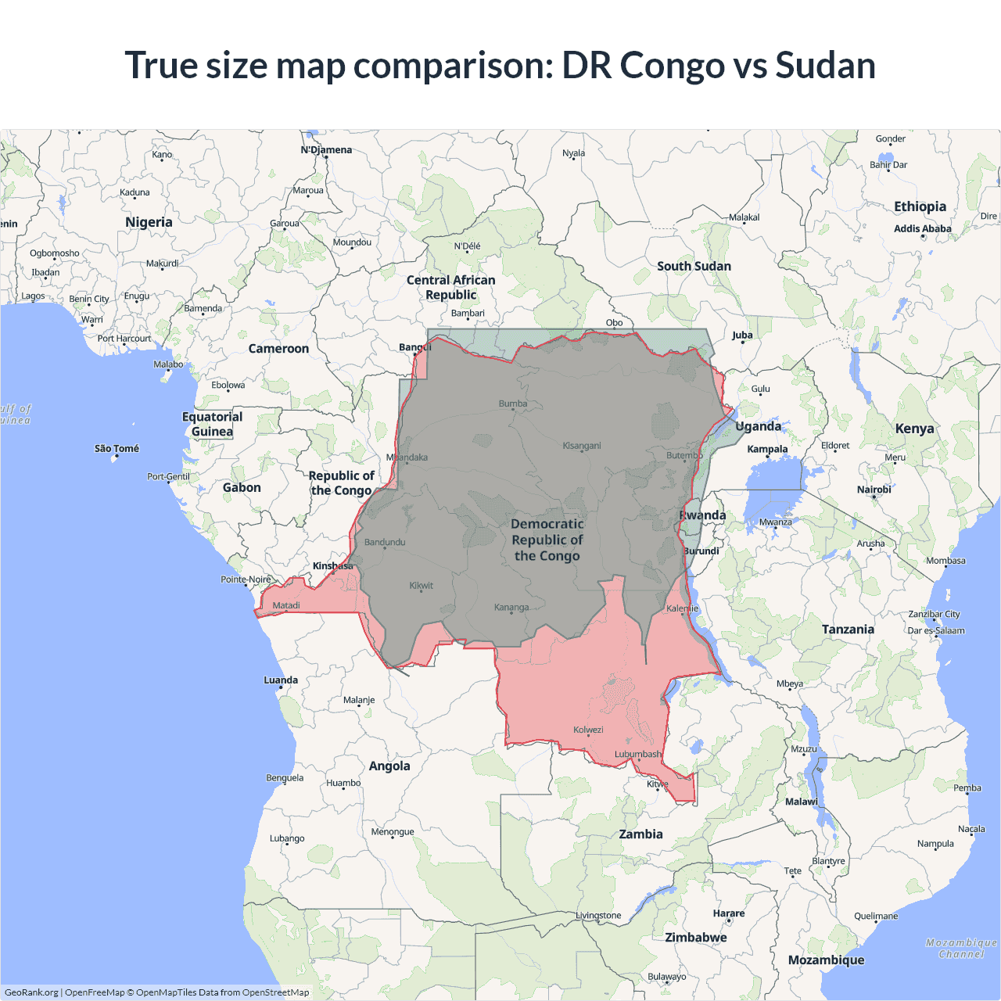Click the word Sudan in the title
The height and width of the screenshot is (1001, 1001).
click(x=825, y=66)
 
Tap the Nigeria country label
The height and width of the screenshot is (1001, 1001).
click(x=149, y=222)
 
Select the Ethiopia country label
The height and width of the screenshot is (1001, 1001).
click(x=920, y=206)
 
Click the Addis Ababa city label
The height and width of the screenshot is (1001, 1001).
click(x=923, y=229)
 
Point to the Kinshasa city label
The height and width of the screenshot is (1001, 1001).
click(x=333, y=566)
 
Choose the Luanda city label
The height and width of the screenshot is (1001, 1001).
click(x=281, y=680)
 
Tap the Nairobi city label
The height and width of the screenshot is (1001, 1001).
click(x=874, y=490)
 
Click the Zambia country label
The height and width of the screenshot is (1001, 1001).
click(x=640, y=834)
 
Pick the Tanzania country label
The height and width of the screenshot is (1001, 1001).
click(x=848, y=630)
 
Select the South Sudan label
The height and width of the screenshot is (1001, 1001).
click(x=694, y=267)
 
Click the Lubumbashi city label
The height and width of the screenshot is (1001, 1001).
click(x=638, y=755)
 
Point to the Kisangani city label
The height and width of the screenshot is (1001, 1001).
click(x=582, y=446)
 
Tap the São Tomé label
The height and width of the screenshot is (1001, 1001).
click(x=117, y=449)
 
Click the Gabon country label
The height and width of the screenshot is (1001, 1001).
click(x=242, y=488)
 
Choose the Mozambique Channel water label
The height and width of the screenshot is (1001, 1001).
click(x=961, y=949)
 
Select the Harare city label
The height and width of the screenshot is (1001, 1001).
click(x=729, y=913)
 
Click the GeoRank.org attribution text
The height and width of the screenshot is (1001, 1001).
click(x=31, y=992)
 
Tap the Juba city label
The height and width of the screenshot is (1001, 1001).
click(x=742, y=335)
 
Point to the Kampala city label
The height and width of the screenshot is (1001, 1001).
click(x=767, y=450)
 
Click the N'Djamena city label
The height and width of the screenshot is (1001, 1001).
click(x=326, y=150)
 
